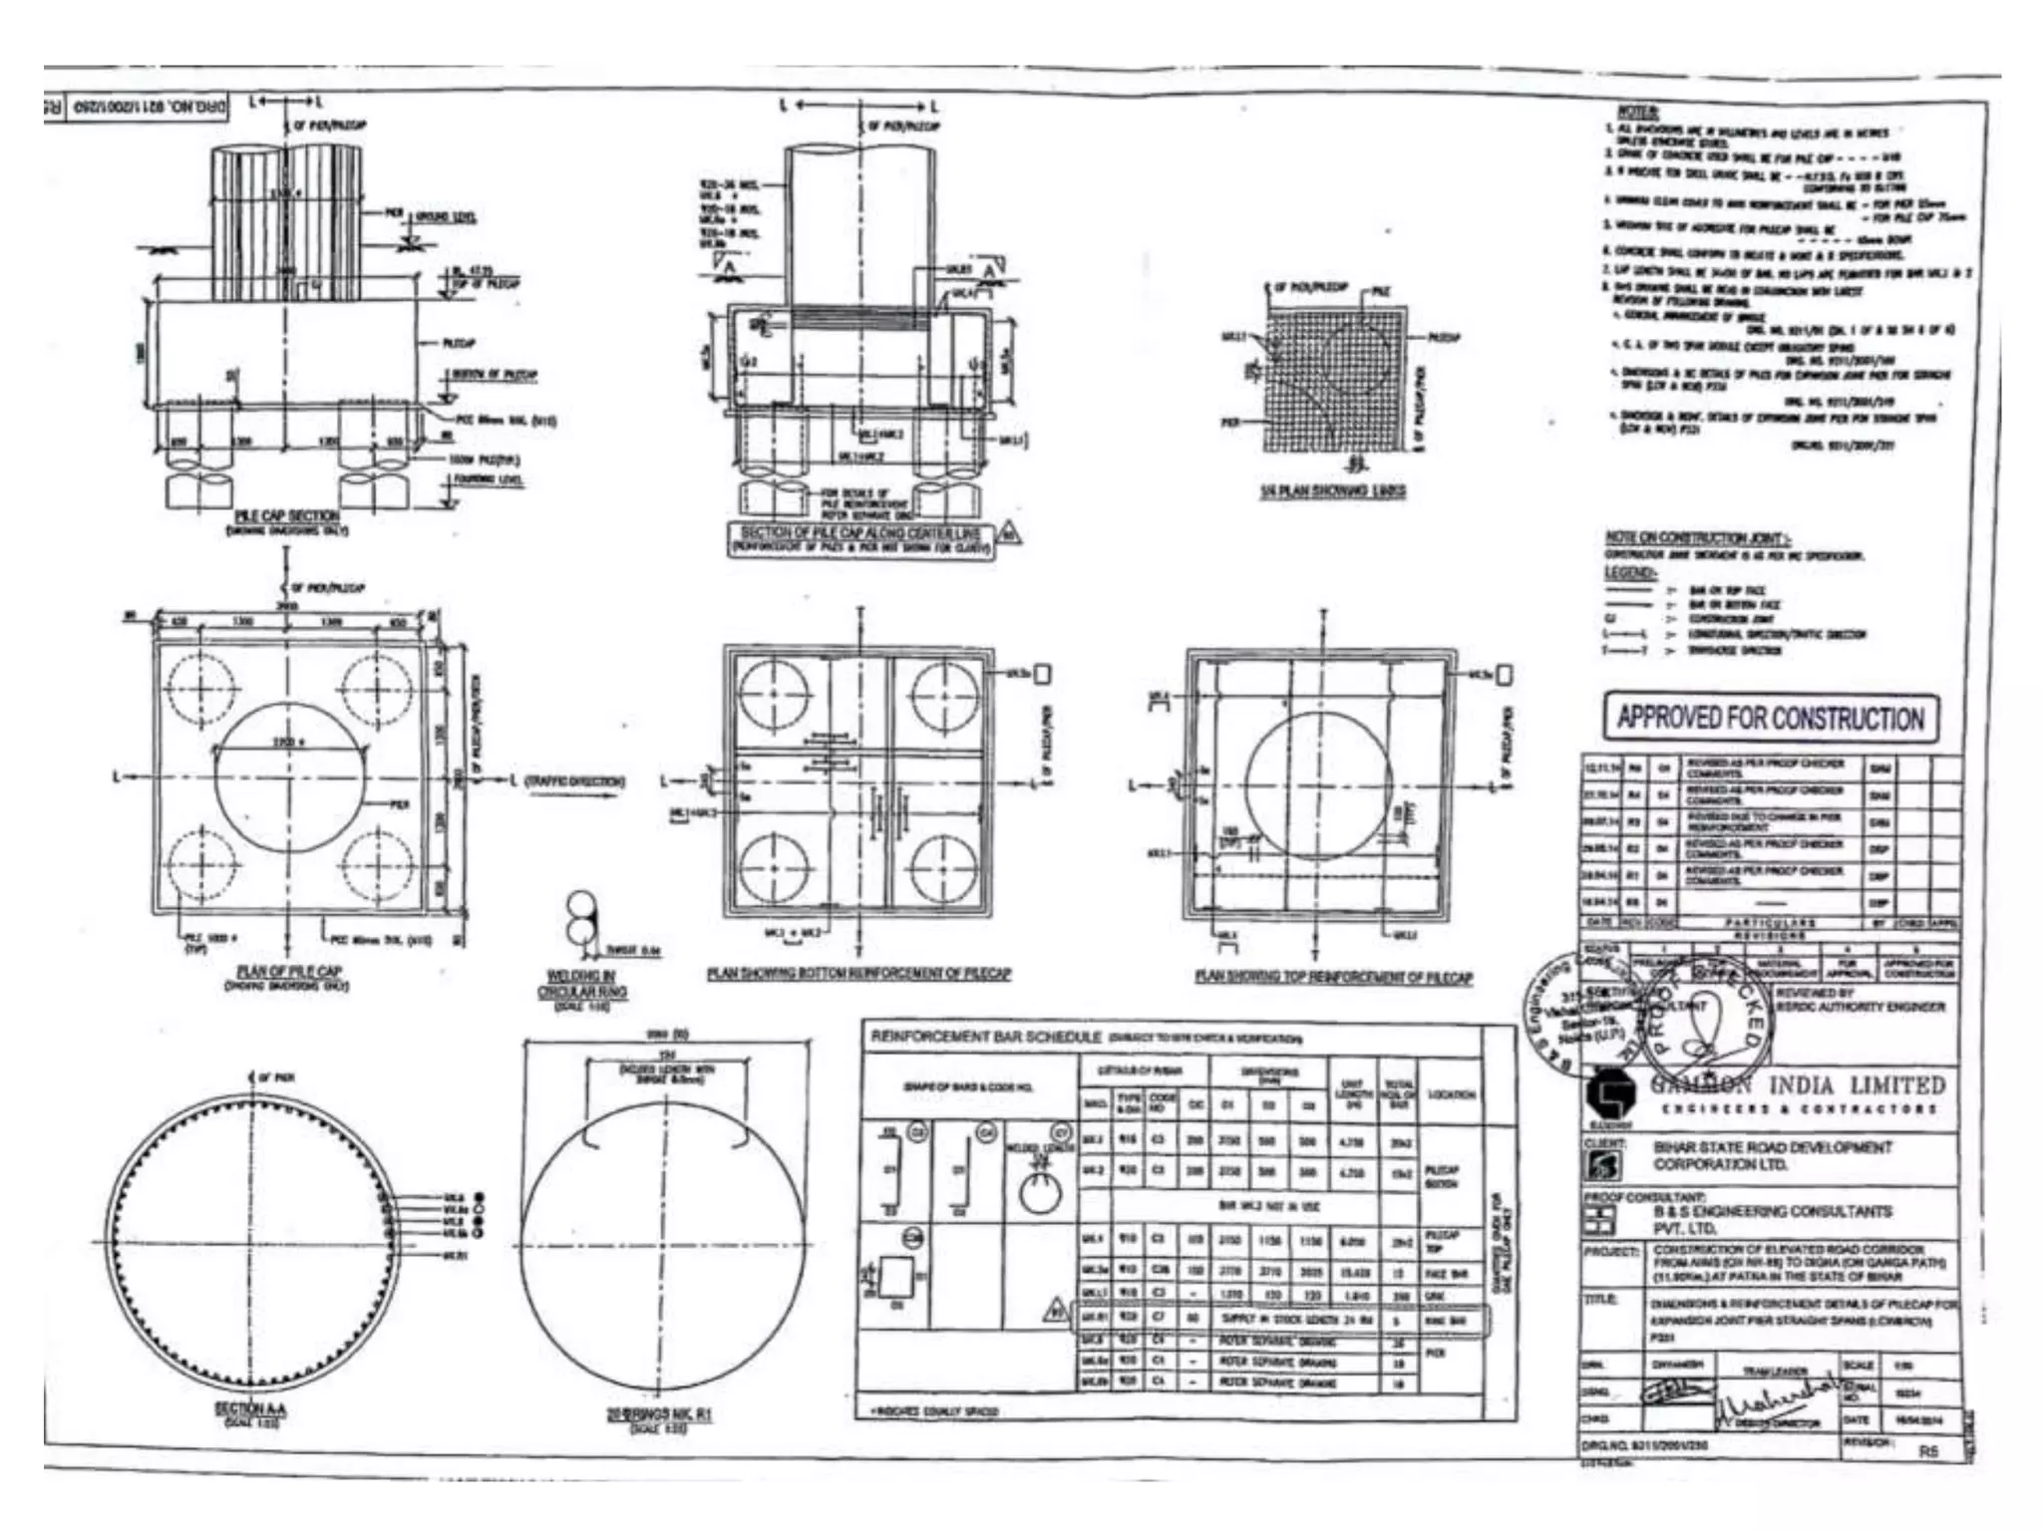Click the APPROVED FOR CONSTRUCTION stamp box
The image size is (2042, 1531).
(x=1771, y=719)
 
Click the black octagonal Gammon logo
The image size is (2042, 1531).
(x=1608, y=1094)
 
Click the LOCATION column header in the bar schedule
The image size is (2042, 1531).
(x=1451, y=1094)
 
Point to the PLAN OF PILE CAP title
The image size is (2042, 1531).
(x=288, y=971)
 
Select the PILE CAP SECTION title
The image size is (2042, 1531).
(x=287, y=515)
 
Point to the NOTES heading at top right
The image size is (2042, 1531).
(x=1637, y=113)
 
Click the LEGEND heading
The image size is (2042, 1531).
(x=1628, y=573)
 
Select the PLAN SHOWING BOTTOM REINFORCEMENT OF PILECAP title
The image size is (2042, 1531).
(x=858, y=974)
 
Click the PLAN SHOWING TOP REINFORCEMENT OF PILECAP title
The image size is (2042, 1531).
(x=1333, y=977)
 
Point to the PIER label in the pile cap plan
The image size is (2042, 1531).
(x=399, y=803)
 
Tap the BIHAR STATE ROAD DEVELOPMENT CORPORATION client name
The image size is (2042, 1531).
(x=1772, y=1155)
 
